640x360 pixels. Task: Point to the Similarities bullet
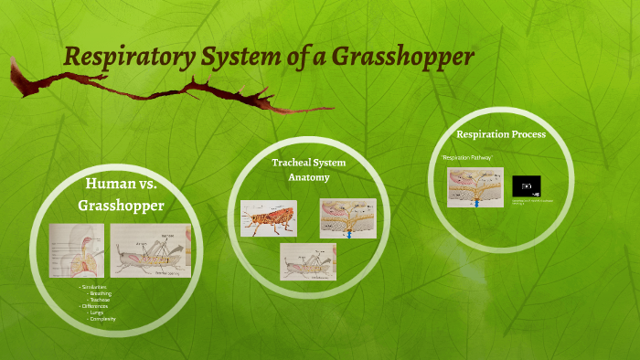click(94, 287)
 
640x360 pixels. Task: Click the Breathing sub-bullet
click(101, 293)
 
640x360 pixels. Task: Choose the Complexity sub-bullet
click(101, 318)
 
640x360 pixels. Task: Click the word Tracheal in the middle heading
click(291, 163)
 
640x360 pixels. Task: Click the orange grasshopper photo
click(268, 219)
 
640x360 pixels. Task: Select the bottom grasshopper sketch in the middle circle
click(308, 260)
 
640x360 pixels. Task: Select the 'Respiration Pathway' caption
click(466, 158)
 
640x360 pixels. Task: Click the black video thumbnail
click(526, 185)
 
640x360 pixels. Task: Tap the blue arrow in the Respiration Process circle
click(476, 203)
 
